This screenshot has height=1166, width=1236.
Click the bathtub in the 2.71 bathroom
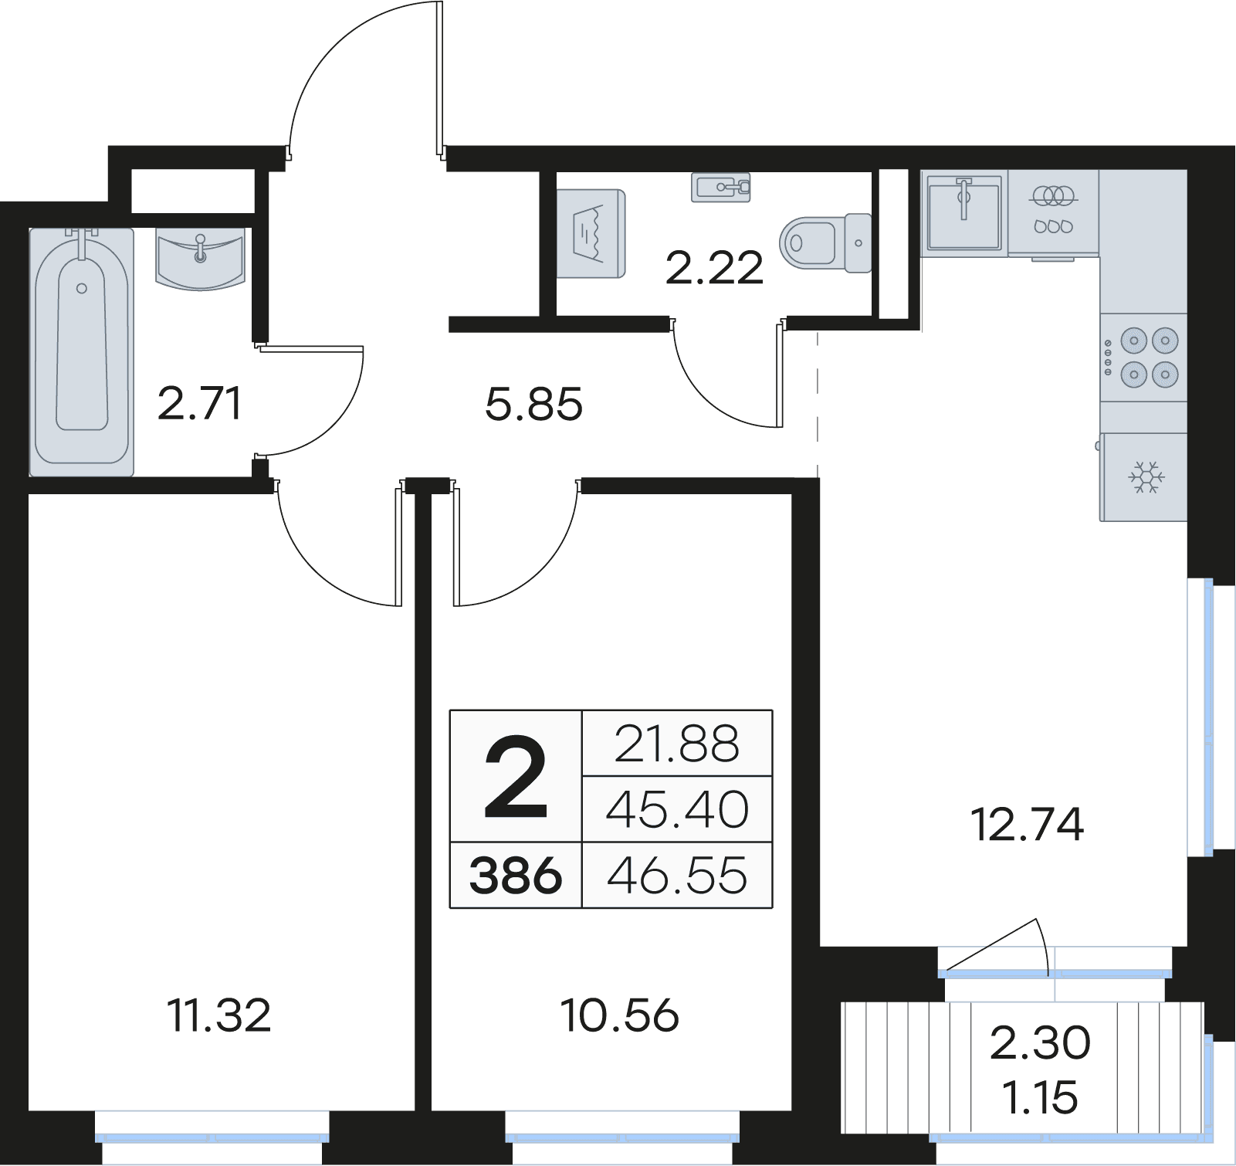[x=82, y=351]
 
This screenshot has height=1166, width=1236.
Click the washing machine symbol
[x=591, y=233]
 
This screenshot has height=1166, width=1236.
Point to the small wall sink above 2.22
[x=721, y=187]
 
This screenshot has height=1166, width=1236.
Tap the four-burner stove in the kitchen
[x=1143, y=358]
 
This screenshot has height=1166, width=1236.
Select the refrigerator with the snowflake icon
[x=1144, y=476]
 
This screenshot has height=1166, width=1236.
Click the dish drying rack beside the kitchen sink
[x=1053, y=212]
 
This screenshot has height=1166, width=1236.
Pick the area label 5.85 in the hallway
[x=533, y=405]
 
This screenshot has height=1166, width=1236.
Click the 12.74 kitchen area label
[x=1027, y=824]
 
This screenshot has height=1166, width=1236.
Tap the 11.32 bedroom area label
[x=219, y=1015]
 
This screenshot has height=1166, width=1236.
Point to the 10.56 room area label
[x=620, y=1015]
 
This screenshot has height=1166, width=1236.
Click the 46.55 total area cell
[x=677, y=876]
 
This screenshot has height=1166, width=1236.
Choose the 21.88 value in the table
[x=677, y=744]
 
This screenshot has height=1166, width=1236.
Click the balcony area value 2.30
[x=1040, y=1042]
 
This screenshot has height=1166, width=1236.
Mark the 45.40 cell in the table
[x=677, y=809]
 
